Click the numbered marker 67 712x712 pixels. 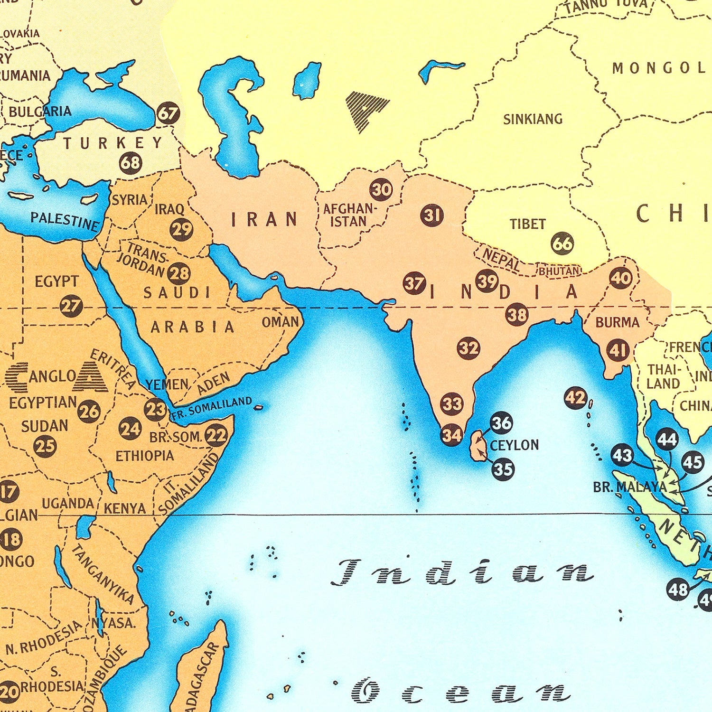[x=168, y=113]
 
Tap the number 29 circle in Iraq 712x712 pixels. [x=181, y=229]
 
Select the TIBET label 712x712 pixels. [x=527, y=224]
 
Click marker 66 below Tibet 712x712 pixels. [x=562, y=244]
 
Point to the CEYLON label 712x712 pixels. [x=514, y=445]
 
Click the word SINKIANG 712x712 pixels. [x=533, y=119]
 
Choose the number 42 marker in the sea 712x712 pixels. [x=576, y=398]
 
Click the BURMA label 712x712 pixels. [x=617, y=322]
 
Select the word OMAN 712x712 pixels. [x=280, y=322]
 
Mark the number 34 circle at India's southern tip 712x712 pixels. [x=451, y=434]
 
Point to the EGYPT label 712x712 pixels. [x=56, y=281]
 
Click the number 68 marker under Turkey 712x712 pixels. [x=131, y=163]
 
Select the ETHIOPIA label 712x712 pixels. [x=145, y=456]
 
